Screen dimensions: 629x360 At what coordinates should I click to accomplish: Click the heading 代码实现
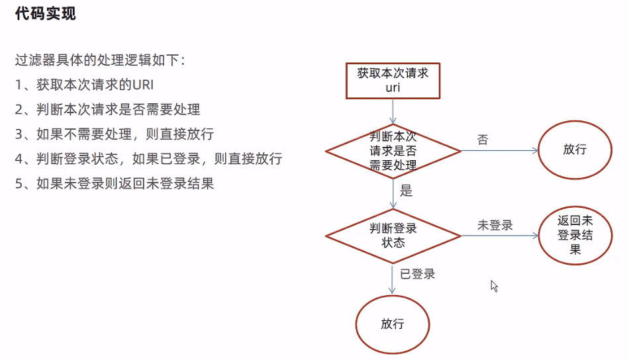(x=46, y=13)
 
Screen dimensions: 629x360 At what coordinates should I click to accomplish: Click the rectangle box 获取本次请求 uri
(x=393, y=80)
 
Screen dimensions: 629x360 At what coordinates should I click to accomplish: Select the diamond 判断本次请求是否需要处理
(x=393, y=152)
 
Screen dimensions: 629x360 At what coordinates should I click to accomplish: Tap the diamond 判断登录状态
(x=393, y=236)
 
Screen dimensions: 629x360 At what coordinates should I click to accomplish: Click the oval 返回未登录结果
(x=574, y=236)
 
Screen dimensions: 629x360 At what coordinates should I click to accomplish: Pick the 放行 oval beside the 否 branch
(x=575, y=150)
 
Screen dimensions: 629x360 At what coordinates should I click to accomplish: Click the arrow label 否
(x=483, y=140)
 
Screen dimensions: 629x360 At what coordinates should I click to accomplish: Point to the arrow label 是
(x=407, y=192)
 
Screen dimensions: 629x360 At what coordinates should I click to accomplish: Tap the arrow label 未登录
(x=495, y=225)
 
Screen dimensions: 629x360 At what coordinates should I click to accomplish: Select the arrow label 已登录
(x=417, y=273)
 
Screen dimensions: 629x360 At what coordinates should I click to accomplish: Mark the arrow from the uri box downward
(x=393, y=111)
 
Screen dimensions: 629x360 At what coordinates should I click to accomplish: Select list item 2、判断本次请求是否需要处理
(x=107, y=109)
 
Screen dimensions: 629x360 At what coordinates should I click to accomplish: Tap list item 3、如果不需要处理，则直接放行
(x=114, y=134)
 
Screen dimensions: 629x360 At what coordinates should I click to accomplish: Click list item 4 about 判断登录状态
(x=148, y=159)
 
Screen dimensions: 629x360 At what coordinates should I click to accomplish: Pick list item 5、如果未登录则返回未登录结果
(x=114, y=183)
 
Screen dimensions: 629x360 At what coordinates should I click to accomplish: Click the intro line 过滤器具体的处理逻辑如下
(x=101, y=60)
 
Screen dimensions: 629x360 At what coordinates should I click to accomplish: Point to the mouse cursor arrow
(x=494, y=286)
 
